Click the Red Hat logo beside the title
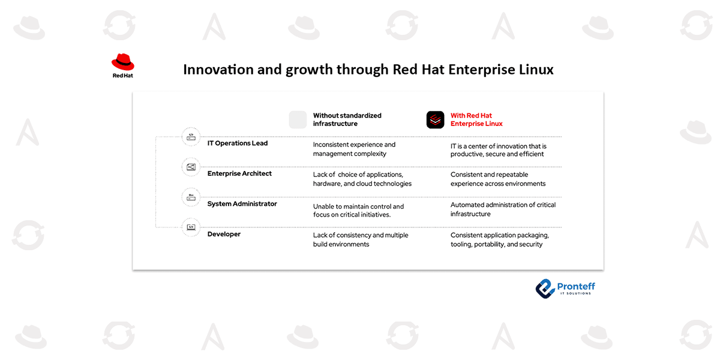coord(122,65)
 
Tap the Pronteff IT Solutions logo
coord(565,287)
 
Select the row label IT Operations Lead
coord(238,143)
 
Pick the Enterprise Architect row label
coord(239,173)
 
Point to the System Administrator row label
coord(242,204)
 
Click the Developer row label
coord(224,234)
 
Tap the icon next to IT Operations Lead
coord(191,137)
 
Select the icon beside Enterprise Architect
coord(191,167)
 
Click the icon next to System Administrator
coord(191,197)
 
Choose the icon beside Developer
coord(191,227)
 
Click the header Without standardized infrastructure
coord(347,119)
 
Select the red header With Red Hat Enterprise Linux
coord(476,119)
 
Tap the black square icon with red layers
coord(435,119)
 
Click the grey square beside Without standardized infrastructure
coord(298,119)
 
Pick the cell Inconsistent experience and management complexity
coord(354,149)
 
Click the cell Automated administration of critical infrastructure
coord(503,209)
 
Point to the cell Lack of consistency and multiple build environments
coord(360,239)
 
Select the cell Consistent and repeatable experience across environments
coord(497,179)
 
